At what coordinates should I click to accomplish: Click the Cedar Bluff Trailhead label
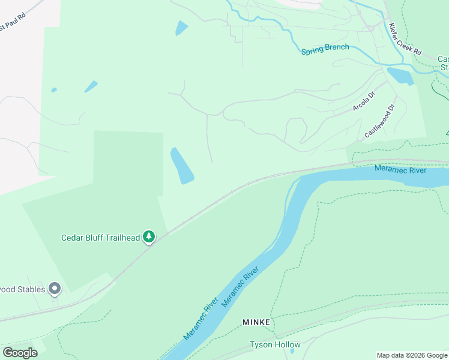[100, 238]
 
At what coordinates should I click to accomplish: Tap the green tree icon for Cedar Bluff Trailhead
[149, 238]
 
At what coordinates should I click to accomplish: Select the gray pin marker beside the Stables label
[55, 289]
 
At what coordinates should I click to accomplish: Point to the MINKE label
[257, 322]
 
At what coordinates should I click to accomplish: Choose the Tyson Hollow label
[275, 345]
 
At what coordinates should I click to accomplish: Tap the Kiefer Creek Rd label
[405, 40]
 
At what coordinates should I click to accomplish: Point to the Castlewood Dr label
[379, 121]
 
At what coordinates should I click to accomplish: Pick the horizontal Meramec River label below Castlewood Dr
[400, 170]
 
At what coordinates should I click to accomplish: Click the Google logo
[20, 352]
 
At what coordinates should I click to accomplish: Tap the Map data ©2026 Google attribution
[412, 355]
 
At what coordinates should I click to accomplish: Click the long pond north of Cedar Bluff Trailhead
[181, 166]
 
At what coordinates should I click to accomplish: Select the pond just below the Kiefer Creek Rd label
[400, 76]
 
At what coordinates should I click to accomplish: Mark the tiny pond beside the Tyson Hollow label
[292, 351]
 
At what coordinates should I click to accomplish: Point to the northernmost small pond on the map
[181, 28]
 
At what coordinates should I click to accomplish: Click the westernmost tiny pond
[54, 90]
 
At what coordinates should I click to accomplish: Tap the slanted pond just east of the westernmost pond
[91, 86]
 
